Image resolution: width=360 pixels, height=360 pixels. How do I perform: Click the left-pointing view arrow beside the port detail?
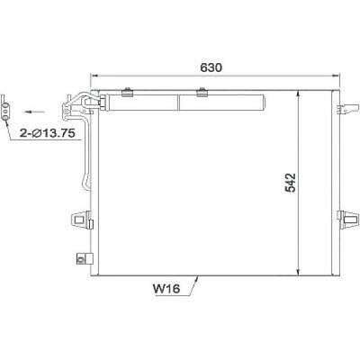[x=34, y=111]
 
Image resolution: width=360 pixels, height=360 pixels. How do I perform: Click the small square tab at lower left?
[x=82, y=255]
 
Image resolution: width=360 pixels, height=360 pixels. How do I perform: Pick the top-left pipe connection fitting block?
[x=72, y=108]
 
